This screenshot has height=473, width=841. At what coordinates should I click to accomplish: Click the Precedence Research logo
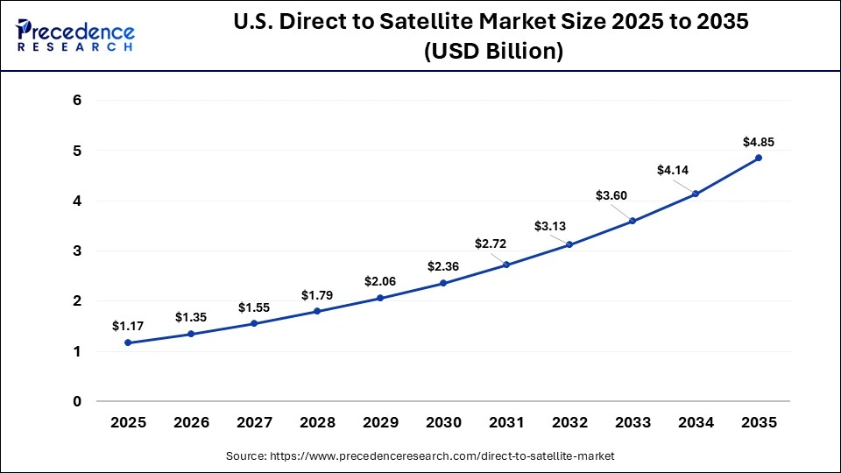(x=75, y=36)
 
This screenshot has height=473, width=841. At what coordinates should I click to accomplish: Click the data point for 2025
(x=128, y=342)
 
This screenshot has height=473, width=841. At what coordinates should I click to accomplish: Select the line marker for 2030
(x=443, y=283)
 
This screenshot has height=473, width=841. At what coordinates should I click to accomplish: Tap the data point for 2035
(x=759, y=158)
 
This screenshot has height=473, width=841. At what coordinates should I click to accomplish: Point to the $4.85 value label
(x=759, y=141)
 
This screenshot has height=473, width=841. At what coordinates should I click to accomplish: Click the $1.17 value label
(x=127, y=326)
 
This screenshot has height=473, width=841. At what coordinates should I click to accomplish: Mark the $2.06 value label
(x=380, y=281)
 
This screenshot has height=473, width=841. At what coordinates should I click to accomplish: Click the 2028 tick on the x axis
(x=317, y=423)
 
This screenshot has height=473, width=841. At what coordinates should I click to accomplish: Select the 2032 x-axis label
(x=569, y=423)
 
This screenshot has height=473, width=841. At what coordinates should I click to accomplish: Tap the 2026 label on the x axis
(x=191, y=423)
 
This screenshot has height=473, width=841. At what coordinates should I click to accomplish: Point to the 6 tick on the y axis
(x=77, y=101)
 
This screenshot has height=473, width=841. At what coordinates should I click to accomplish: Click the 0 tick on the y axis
(x=77, y=402)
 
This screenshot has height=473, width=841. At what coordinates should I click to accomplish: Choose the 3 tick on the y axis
(x=77, y=251)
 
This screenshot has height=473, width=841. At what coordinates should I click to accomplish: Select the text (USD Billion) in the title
(x=492, y=52)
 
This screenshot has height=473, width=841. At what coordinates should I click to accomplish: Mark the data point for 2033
(x=633, y=221)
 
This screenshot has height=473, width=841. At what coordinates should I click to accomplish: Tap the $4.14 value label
(x=674, y=170)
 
